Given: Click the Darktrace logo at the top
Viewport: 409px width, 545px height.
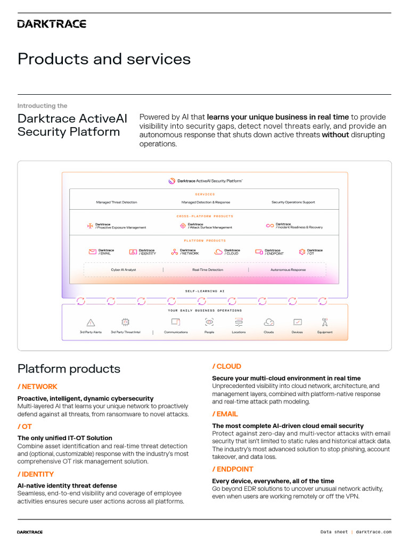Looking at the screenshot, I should tap(52, 23).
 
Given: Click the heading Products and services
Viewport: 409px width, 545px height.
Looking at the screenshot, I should tap(104, 59).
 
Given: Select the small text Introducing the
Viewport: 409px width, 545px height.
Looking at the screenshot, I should tap(42, 106).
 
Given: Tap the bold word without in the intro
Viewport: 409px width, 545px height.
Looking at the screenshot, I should tap(336, 135).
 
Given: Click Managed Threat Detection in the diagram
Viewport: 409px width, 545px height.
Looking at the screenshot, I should tap(116, 202).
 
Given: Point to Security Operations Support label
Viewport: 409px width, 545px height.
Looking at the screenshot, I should tap(293, 202).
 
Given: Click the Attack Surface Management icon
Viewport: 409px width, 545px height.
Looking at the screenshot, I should tap(183, 226).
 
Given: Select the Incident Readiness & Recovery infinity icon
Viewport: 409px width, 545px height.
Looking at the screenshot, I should tap(270, 226).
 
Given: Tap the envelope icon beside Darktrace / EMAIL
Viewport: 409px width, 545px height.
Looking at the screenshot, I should tap(93, 252).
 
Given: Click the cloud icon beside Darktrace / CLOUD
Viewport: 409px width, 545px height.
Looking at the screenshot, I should tap(218, 252).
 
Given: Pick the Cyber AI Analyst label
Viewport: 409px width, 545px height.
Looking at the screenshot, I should tap(124, 270).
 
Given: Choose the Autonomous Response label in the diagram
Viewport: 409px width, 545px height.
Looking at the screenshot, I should tap(288, 270).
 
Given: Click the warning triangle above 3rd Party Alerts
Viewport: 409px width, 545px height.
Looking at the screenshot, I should tap(91, 322).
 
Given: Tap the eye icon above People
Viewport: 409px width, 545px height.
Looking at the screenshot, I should tap(209, 322).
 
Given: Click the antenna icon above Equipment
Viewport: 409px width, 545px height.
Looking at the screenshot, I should tap(324, 322).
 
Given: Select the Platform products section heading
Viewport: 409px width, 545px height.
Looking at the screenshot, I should tap(69, 369).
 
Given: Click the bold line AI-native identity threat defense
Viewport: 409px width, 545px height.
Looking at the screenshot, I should tap(67, 485).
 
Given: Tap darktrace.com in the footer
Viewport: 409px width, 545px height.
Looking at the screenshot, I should tap(373, 532).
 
